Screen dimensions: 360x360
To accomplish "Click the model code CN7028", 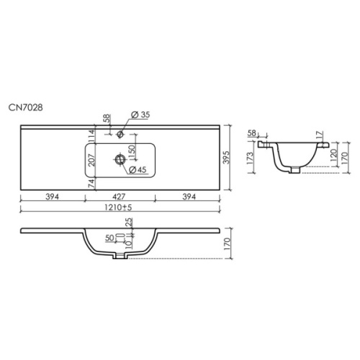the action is click(26, 107).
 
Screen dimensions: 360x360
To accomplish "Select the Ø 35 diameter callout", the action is click(140, 115).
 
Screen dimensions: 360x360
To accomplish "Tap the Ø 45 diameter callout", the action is click(138, 170).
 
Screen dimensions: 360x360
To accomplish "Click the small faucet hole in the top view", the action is click(120, 134).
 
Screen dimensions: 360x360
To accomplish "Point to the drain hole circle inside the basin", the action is click(120, 159).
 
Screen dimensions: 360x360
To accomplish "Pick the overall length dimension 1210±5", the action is click(118, 207).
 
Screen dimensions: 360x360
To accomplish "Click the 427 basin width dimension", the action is click(119, 197).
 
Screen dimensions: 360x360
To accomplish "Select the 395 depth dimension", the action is click(226, 158).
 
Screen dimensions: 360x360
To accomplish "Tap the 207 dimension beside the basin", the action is click(91, 160).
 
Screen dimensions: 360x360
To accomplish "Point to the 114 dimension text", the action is click(91, 136).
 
